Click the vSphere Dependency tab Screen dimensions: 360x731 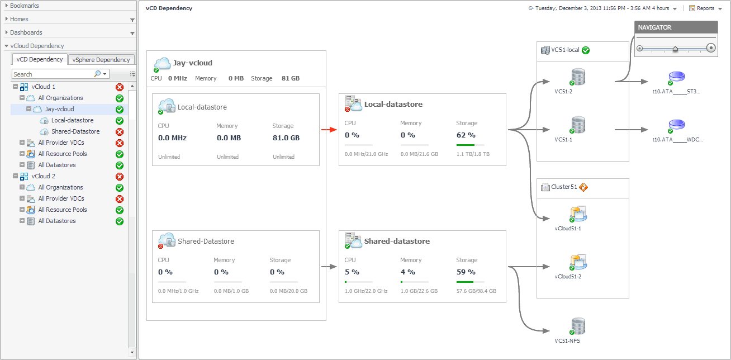pos(101,60)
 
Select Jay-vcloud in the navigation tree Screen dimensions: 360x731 pos(59,109)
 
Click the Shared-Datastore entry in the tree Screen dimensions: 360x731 pos(75,131)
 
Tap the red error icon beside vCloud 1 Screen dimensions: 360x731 pos(119,87)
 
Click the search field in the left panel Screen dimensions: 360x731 pos(53,74)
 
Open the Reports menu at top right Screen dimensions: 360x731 pos(706,8)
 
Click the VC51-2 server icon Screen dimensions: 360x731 pos(577,77)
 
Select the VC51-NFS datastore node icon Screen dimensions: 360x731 pos(577,326)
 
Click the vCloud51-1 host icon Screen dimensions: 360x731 pos(577,214)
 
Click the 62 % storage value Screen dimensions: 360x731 pos(466,135)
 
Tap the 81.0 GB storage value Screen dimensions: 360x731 pos(286,138)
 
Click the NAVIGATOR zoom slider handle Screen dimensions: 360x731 pos(675,49)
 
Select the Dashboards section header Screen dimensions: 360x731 pos(26,32)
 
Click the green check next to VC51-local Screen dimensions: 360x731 pos(586,50)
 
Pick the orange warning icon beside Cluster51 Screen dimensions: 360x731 pos(583,187)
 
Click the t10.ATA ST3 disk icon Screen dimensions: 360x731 pos(676,77)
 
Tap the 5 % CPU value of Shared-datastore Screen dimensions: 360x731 pos(352,272)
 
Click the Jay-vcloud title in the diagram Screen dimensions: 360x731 pos(193,63)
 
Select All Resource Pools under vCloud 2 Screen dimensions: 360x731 pos(63,210)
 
